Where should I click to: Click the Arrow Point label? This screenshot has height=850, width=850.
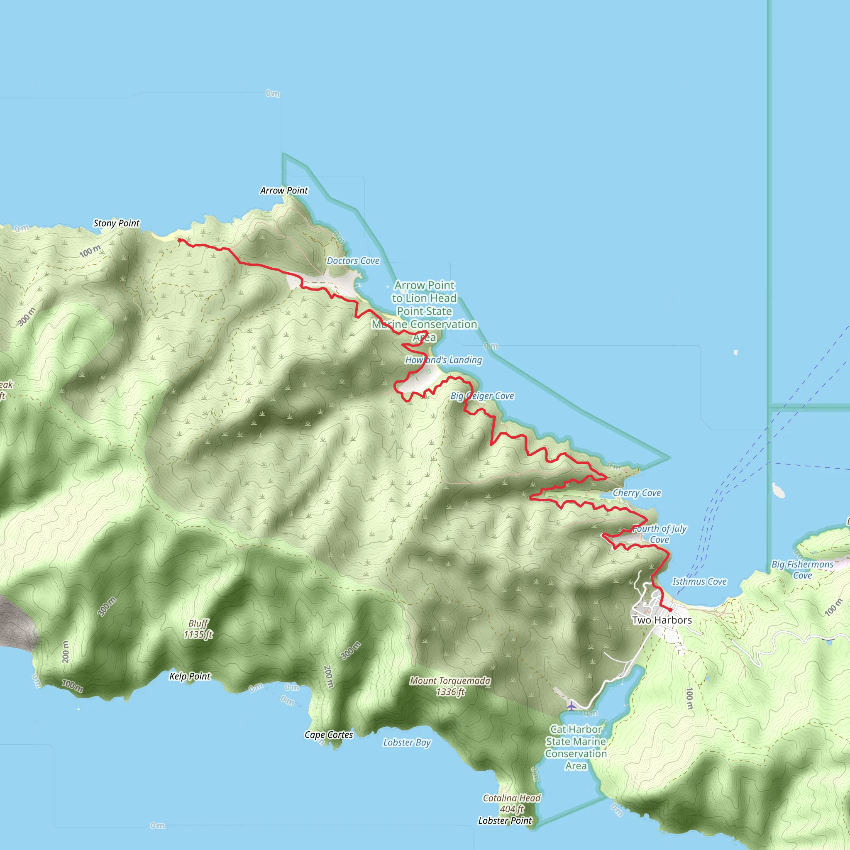(284, 191)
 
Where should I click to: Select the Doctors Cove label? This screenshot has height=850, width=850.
(353, 261)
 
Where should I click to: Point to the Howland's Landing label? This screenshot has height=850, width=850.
(444, 360)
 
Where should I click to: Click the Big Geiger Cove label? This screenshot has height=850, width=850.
(482, 396)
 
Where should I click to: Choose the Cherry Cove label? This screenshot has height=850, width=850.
(637, 493)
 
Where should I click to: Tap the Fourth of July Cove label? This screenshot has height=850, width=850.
(659, 534)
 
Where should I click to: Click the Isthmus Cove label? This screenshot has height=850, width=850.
(699, 581)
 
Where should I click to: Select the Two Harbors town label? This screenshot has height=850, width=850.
(662, 620)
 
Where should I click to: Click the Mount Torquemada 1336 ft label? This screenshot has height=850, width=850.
(450, 686)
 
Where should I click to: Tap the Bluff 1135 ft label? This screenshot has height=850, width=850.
(198, 629)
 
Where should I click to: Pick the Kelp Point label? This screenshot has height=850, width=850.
(190, 676)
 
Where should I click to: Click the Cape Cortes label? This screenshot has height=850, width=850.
(329, 735)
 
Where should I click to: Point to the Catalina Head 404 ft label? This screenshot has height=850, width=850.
(511, 804)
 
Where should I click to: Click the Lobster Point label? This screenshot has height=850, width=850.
(505, 821)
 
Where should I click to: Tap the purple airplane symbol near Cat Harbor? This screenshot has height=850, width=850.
(571, 706)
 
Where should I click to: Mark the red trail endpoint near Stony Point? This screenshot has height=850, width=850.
(179, 240)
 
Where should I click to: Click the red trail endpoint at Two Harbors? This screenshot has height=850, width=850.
(670, 610)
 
